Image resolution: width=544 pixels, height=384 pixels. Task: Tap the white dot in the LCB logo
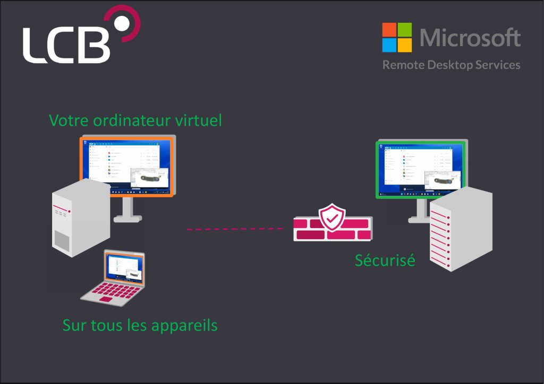pos(122,23)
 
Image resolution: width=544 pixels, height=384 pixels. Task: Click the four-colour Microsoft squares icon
pos(397,37)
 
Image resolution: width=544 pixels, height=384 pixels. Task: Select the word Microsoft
pos(470,38)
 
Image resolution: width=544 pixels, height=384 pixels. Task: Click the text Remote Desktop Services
pos(451,65)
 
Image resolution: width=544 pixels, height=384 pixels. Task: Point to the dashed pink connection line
pos(234,229)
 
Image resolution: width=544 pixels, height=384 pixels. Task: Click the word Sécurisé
pos(385,260)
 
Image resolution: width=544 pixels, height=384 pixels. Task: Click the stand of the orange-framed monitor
pos(127,209)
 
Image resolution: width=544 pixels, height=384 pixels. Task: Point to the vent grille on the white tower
pos(62,241)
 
